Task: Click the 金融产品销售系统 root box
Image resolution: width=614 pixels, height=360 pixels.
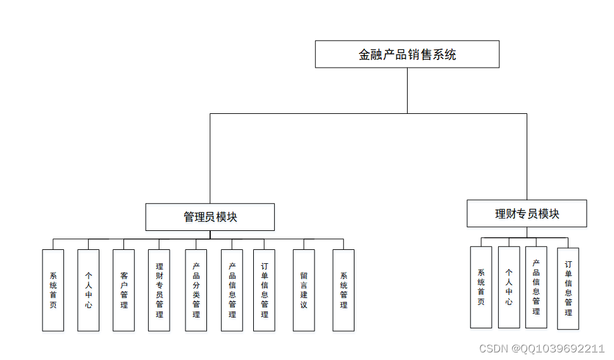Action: tap(407, 54)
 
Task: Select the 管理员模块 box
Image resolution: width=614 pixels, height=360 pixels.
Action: tap(210, 217)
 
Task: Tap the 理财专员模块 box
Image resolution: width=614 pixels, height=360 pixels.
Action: tap(527, 214)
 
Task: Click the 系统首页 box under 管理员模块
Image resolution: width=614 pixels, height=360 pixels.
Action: tap(53, 290)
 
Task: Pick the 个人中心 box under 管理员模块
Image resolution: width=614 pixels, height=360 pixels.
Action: tap(89, 290)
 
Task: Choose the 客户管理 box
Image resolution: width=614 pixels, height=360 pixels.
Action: tap(123, 290)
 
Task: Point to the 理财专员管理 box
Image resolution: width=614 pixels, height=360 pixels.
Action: tap(159, 290)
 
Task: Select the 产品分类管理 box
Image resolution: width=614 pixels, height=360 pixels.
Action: tap(196, 290)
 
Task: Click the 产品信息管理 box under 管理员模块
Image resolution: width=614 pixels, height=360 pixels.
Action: tap(232, 290)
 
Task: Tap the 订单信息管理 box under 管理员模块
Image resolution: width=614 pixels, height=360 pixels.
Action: tap(264, 290)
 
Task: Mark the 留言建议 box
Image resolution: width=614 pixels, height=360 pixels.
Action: tap(304, 290)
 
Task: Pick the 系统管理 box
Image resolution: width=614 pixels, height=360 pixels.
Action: tap(344, 290)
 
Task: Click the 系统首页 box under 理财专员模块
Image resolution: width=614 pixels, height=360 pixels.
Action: tap(481, 287)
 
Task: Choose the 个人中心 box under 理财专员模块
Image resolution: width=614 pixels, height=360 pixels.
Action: tap(509, 287)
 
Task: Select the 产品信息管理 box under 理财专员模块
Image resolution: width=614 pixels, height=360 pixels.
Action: tap(536, 287)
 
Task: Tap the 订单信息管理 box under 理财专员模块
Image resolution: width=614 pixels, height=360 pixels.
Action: tap(568, 289)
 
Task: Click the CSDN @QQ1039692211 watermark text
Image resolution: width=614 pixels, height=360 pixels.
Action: tap(542, 349)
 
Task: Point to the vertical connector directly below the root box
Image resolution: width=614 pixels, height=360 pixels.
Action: tap(407, 90)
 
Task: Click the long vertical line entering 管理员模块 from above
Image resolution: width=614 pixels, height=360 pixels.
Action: tap(210, 158)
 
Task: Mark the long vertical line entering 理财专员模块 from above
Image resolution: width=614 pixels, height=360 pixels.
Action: tap(527, 157)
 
